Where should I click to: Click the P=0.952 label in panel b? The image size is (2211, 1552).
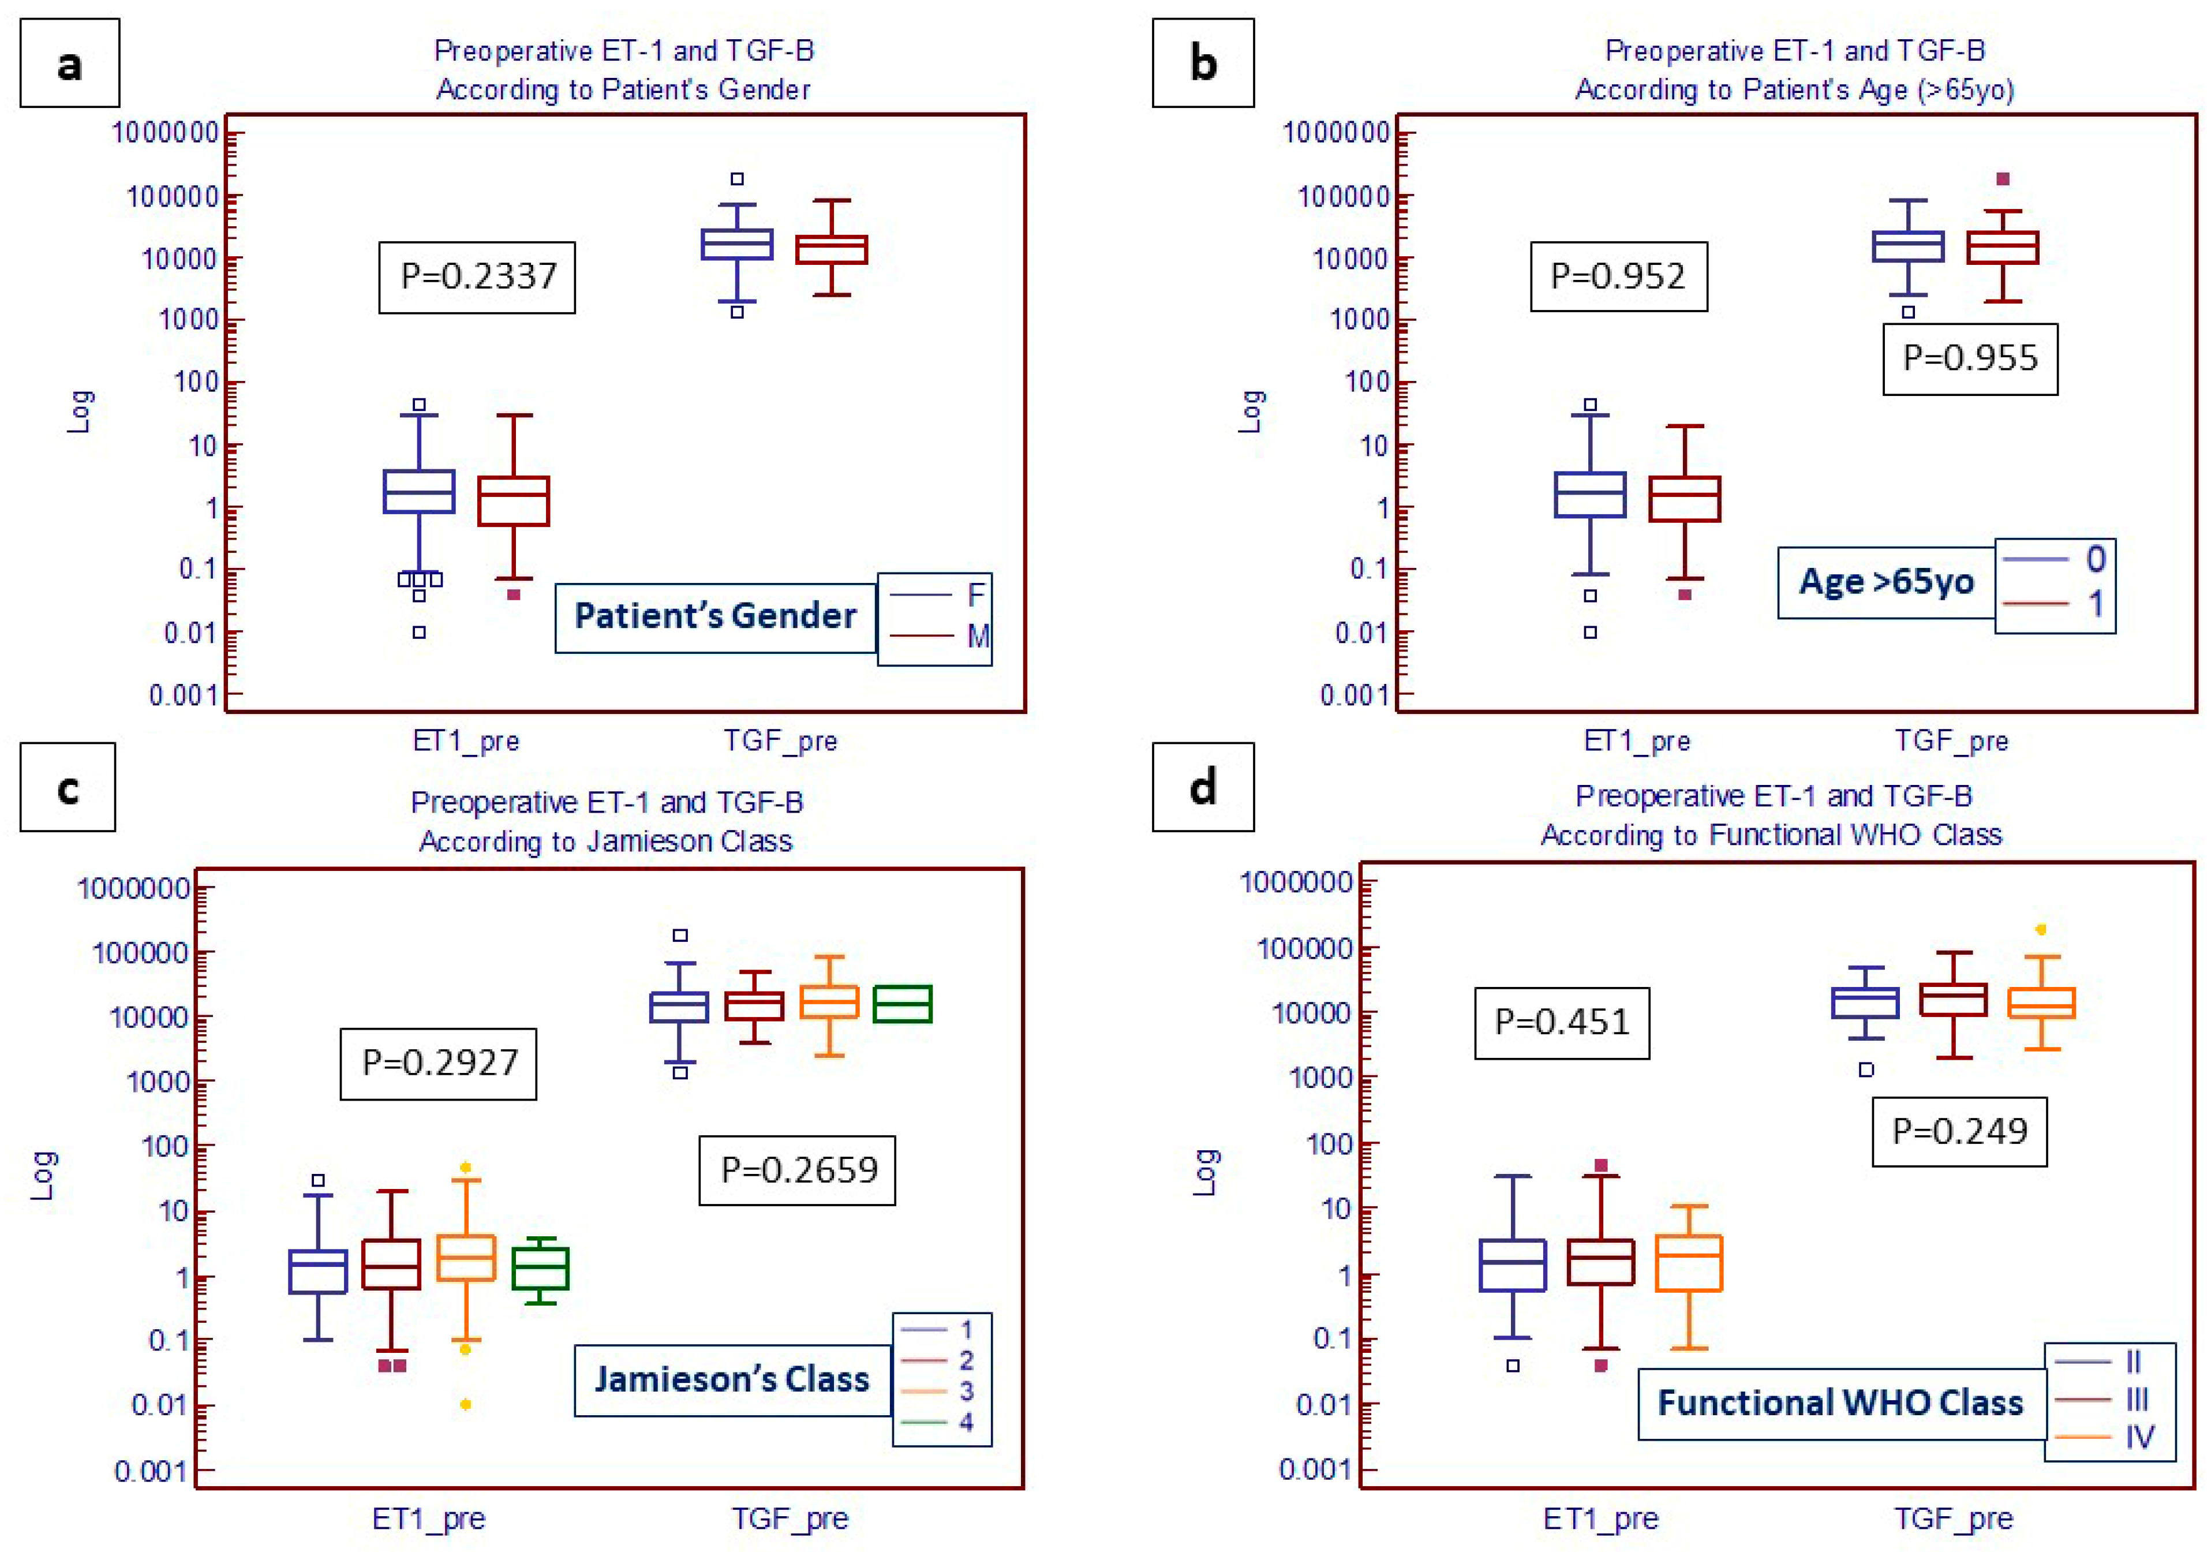click(1618, 277)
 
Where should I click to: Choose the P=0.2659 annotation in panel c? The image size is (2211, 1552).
click(798, 1170)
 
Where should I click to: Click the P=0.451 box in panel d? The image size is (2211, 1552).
click(1561, 1023)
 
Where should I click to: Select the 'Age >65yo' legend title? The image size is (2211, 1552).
click(1885, 582)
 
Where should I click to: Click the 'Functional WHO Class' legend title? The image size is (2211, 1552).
click(1840, 1404)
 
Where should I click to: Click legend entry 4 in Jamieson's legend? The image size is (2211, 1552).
click(966, 1422)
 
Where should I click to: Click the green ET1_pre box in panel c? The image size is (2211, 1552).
click(540, 1269)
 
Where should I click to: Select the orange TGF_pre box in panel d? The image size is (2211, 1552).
click(2041, 1003)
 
